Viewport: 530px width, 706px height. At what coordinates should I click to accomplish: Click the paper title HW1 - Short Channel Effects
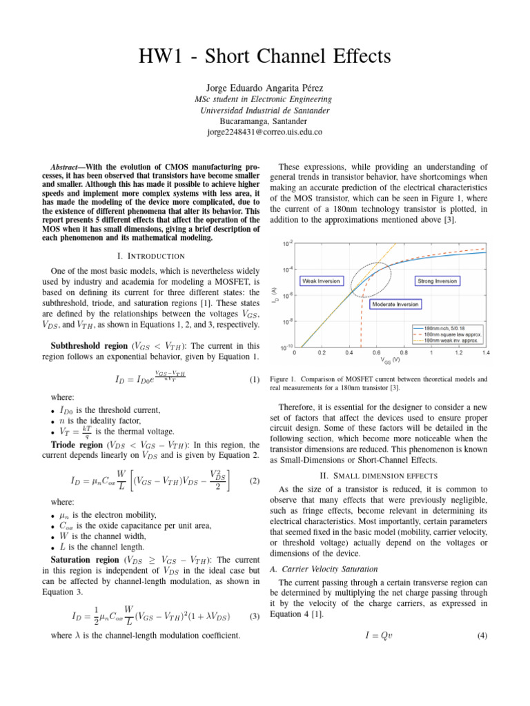click(265, 55)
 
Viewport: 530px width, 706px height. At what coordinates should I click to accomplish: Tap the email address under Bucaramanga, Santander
click(265, 132)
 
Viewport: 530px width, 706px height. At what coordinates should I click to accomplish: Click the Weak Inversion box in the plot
click(323, 281)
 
